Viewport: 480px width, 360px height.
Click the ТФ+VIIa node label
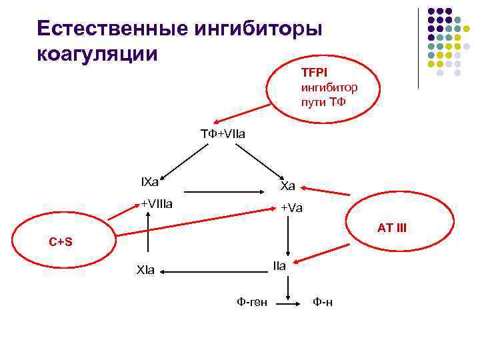[223, 134]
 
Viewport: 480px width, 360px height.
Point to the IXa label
[149, 181]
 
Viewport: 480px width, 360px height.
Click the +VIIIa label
[156, 203]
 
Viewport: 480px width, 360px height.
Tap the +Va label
[291, 208]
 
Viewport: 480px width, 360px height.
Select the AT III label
[391, 228]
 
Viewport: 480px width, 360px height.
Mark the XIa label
[145, 271]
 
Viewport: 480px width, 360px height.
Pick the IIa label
[279, 265]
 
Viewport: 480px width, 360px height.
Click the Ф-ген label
[252, 302]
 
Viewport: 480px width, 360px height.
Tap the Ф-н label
[323, 302]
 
